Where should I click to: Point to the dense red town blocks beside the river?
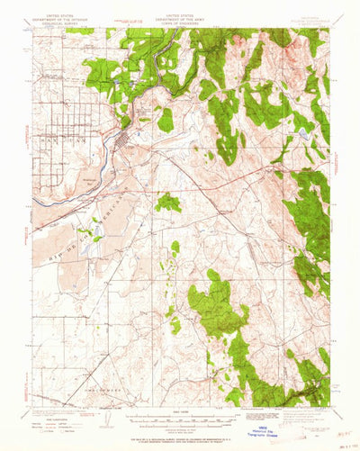tap(121, 141)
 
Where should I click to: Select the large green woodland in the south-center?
tap(216, 306)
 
